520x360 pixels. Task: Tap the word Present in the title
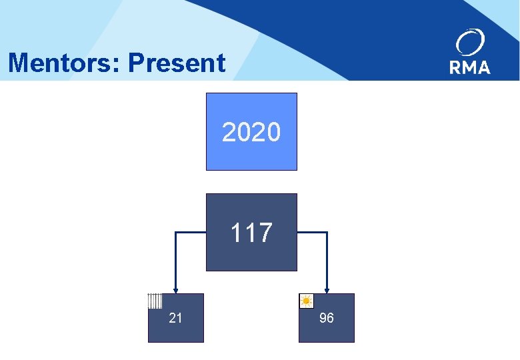(x=177, y=63)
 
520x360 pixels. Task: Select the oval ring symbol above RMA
(x=471, y=43)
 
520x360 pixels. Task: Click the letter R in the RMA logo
(x=457, y=67)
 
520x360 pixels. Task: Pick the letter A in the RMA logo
(x=484, y=67)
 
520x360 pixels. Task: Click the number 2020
(x=251, y=133)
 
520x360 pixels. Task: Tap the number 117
(x=251, y=233)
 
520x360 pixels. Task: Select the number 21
(x=175, y=318)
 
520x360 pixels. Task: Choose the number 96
(x=327, y=318)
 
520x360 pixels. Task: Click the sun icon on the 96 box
(x=307, y=301)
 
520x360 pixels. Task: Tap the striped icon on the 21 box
(x=155, y=301)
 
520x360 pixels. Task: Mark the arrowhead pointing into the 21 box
(x=175, y=289)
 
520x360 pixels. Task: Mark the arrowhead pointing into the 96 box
(x=327, y=289)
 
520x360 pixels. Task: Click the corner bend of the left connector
(x=175, y=233)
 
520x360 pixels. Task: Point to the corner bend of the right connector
(x=327, y=233)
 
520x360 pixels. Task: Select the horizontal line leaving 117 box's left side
(x=191, y=233)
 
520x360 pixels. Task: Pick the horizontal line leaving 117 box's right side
(x=311, y=233)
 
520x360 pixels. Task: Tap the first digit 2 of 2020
(x=229, y=133)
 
